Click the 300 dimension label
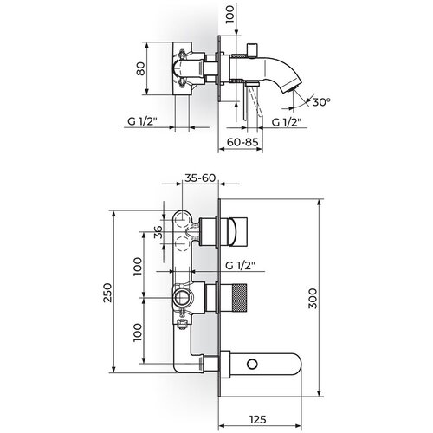tap(313, 299)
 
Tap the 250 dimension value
tap(107, 293)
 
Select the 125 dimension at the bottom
tap(258, 419)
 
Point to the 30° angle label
tap(321, 102)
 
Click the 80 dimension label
tap(140, 68)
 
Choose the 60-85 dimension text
tap(242, 142)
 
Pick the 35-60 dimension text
tap(200, 178)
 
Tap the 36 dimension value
tap(158, 232)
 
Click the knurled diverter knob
tap(239, 298)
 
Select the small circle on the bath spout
tap(253, 365)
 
